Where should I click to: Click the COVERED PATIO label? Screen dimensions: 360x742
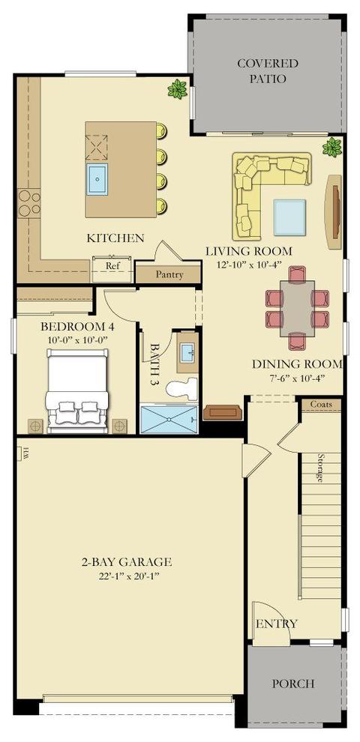pyautogui.click(x=268, y=70)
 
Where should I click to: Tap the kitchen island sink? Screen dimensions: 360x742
pyautogui.click(x=97, y=178)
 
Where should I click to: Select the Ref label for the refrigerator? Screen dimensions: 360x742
pyautogui.click(x=112, y=266)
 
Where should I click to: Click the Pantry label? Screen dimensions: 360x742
pyautogui.click(x=169, y=274)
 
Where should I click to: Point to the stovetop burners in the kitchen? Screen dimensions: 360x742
pyautogui.click(x=29, y=202)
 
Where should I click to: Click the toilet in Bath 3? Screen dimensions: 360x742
pyautogui.click(x=181, y=389)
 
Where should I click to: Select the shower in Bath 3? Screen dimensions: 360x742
pyautogui.click(x=169, y=419)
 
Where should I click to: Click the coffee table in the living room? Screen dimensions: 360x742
pyautogui.click(x=289, y=217)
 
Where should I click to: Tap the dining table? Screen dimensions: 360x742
pyautogui.click(x=297, y=308)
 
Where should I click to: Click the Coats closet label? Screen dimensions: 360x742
pyautogui.click(x=321, y=405)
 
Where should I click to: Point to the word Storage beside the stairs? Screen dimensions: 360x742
pyautogui.click(x=321, y=468)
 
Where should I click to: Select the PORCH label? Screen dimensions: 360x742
pyautogui.click(x=292, y=684)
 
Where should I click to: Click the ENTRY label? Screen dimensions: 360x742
pyautogui.click(x=277, y=624)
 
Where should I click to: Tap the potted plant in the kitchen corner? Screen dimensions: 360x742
pyautogui.click(x=178, y=89)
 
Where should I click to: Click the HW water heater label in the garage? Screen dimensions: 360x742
pyautogui.click(x=25, y=453)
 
